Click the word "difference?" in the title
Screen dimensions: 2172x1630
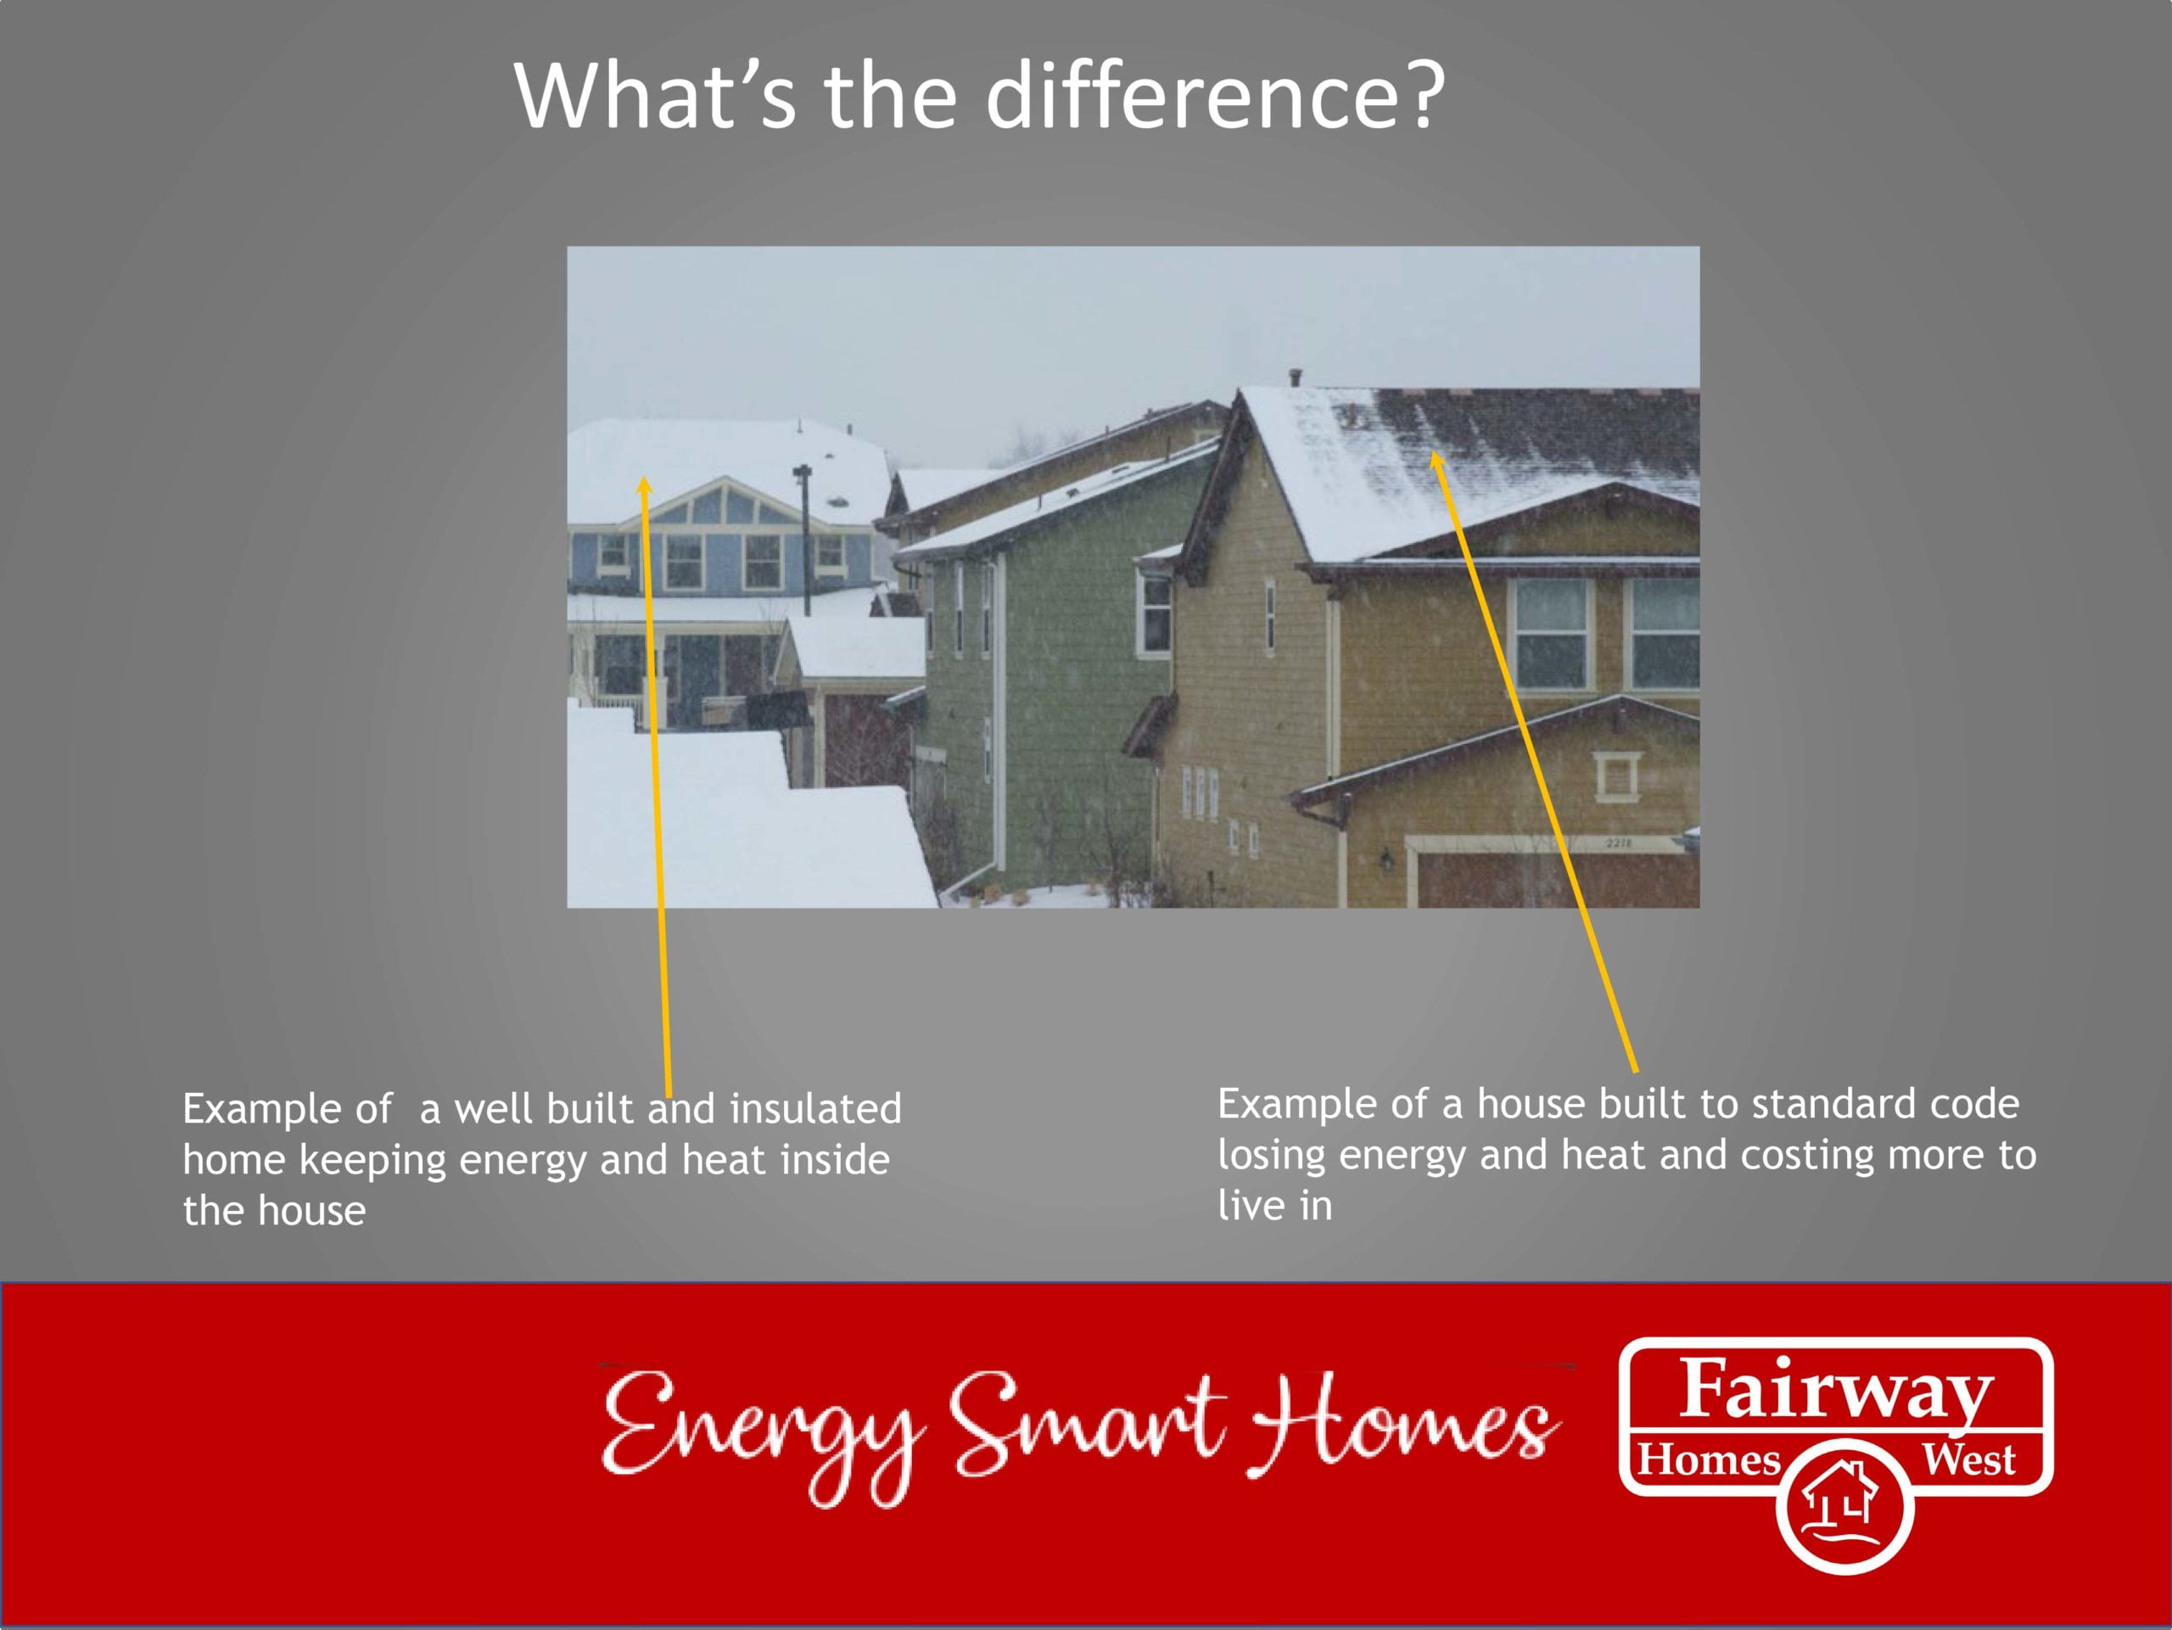1216,95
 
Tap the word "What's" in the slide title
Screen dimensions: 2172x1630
655,95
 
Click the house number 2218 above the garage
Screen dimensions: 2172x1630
1619,843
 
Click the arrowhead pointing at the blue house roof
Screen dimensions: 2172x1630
644,486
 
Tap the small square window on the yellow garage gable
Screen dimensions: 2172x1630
1615,776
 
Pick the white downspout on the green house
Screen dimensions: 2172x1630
999,717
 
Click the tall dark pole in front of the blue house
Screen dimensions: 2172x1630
804,539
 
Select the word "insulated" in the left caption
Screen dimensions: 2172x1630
815,1109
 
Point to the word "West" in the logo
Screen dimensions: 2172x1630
1968,1460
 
